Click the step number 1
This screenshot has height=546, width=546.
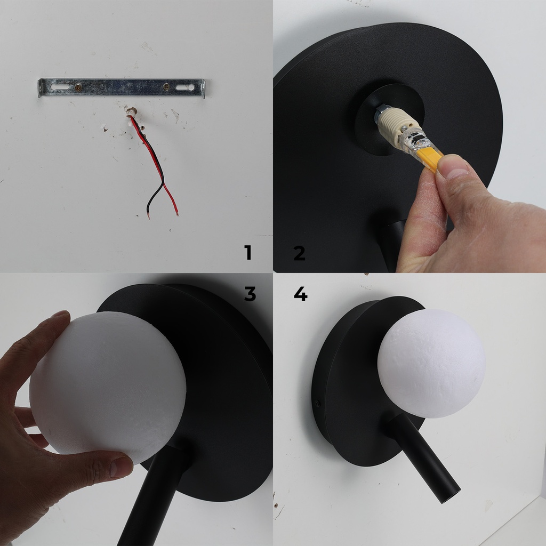coord(247,252)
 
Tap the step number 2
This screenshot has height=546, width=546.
coord(299,252)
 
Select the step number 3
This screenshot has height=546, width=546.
coord(250,294)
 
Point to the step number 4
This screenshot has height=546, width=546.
coord(300,293)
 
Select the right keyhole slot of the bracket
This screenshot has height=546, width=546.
coord(187,86)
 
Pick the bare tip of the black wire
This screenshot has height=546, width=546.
coord(149,216)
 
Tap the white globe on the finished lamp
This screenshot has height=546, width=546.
coord(431,363)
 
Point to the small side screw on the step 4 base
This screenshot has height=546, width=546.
coord(319,404)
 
